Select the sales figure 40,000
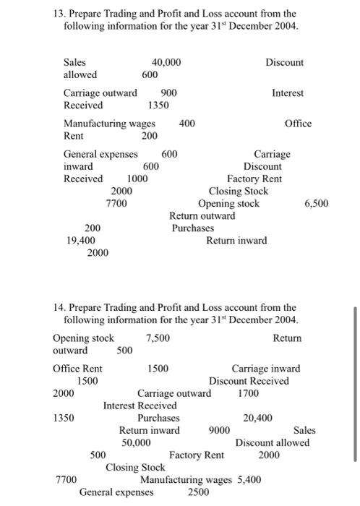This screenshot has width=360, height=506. pyautogui.click(x=166, y=63)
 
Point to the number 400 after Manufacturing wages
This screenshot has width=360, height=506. pyautogui.click(x=187, y=124)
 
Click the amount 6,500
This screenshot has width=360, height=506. pyautogui.click(x=315, y=203)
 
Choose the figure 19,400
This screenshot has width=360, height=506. pyautogui.click(x=81, y=241)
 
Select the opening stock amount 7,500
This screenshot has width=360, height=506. pyautogui.click(x=158, y=338)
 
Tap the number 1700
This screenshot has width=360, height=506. pyautogui.click(x=249, y=394)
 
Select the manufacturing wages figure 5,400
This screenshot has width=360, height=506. pyautogui.click(x=247, y=479)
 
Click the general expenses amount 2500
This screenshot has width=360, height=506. pyautogui.click(x=198, y=492)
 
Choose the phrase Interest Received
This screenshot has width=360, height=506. pyautogui.click(x=140, y=406)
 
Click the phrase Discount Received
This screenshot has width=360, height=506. pyautogui.click(x=249, y=381)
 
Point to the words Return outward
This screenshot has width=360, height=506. pyautogui.click(x=202, y=215)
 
